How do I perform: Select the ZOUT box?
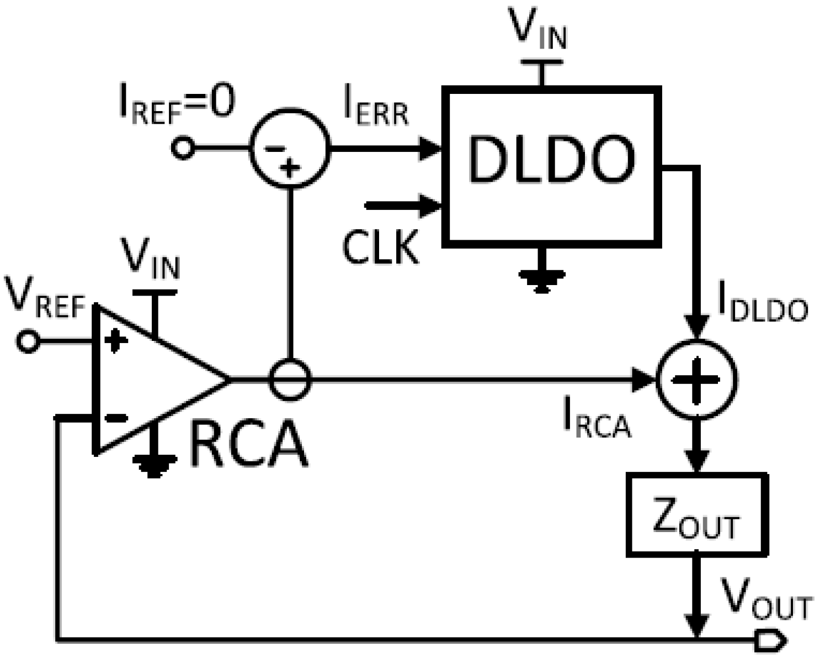click(696, 514)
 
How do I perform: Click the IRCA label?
click(596, 422)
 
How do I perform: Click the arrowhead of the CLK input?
click(433, 206)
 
